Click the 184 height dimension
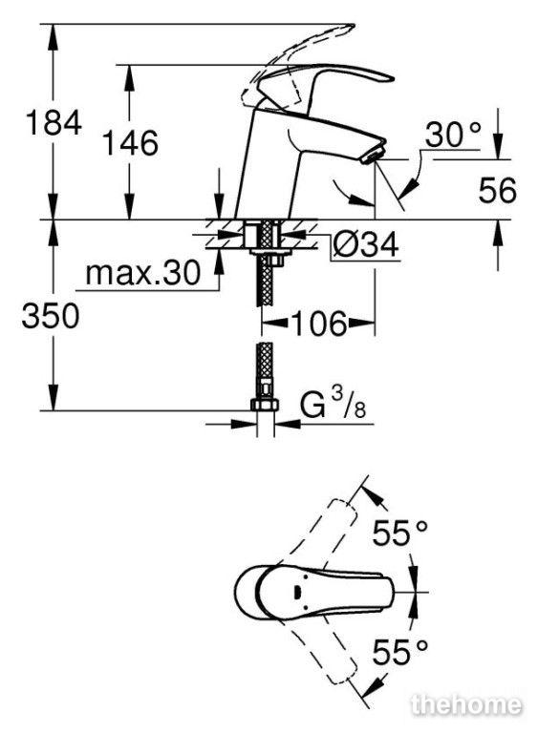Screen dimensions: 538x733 54,122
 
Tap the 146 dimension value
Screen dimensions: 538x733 130,142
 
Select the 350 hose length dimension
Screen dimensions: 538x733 51,316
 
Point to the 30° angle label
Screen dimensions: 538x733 453,136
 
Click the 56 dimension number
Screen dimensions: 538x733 497,190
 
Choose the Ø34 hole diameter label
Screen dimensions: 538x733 365,244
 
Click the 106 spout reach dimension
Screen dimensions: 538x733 319,323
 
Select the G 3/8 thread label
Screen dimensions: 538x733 333,404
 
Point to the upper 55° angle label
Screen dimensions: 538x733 399,533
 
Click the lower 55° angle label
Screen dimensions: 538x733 399,652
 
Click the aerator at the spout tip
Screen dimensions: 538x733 374,154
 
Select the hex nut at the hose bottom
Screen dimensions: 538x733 265,405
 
